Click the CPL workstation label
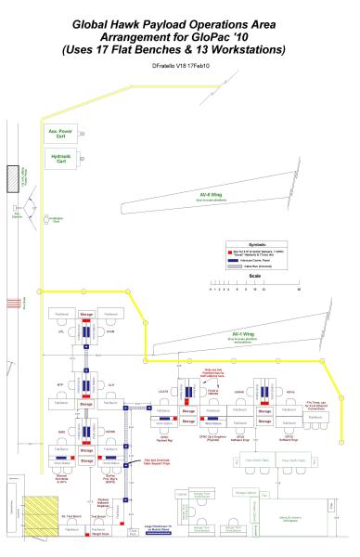(58, 330)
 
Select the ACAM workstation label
(109, 330)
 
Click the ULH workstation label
(109, 380)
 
